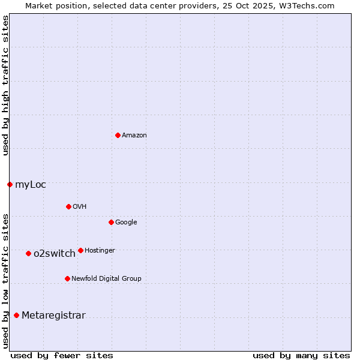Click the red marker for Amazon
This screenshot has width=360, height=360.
(x=118, y=135)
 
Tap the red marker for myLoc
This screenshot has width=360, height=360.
(x=10, y=184)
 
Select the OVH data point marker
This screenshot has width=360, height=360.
(x=68, y=206)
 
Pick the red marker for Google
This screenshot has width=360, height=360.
(x=111, y=222)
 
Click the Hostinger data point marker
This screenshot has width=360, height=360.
(x=80, y=250)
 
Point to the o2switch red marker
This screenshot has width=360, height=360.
(x=28, y=253)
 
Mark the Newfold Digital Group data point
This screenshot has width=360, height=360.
(x=67, y=278)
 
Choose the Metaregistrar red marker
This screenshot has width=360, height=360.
(x=16, y=315)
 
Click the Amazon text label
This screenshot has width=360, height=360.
(x=134, y=136)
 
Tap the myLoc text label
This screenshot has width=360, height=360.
(x=31, y=185)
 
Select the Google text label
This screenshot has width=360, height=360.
(x=126, y=223)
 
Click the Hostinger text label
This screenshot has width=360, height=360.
(x=100, y=251)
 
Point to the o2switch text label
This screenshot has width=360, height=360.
(x=55, y=254)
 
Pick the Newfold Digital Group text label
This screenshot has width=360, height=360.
(x=106, y=279)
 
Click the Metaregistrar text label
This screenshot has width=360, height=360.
(x=53, y=316)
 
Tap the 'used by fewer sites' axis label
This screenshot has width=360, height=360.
(x=62, y=355)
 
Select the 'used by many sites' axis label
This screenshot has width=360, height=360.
(x=301, y=355)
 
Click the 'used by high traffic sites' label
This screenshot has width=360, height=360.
(x=5, y=85)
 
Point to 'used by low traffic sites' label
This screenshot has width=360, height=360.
(x=5, y=280)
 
